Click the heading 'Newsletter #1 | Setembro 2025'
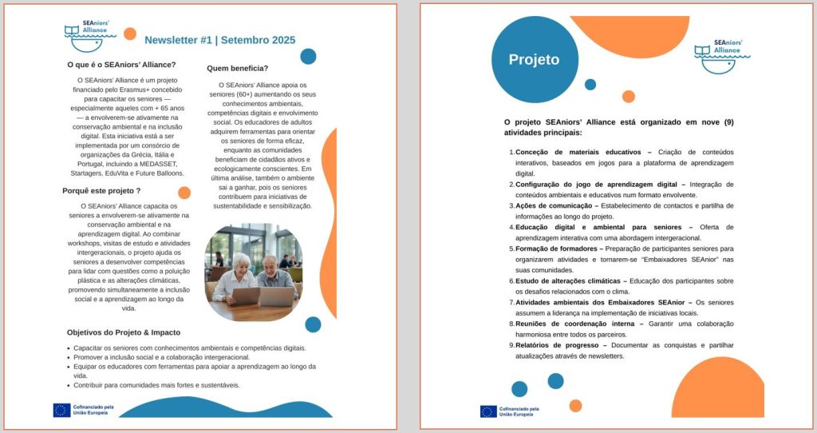click(x=219, y=40)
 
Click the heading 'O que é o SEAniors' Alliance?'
click(x=122, y=66)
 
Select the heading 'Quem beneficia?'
click(x=237, y=69)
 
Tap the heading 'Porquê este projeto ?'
click(x=101, y=191)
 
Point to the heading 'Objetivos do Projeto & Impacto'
click(x=124, y=332)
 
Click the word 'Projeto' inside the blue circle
click(x=534, y=60)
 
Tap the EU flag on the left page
click(x=61, y=410)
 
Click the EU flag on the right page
click(x=488, y=411)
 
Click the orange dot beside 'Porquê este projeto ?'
click(x=184, y=193)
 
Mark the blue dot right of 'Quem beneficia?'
click(x=308, y=57)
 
